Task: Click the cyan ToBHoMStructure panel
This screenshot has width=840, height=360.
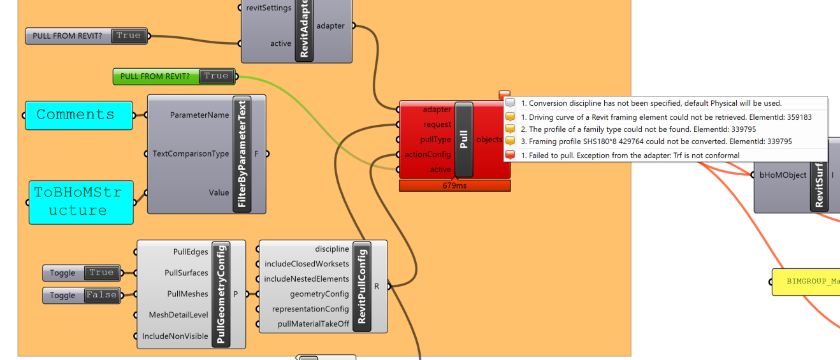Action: (x=81, y=202)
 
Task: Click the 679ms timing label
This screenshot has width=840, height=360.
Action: (x=455, y=185)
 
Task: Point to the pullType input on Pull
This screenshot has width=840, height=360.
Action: (x=435, y=140)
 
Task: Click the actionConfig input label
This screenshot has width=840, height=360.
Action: (x=428, y=154)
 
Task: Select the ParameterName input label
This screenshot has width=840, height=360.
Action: (x=199, y=115)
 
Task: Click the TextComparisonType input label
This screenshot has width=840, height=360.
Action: (x=191, y=154)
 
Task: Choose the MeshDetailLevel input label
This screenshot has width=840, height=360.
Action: (x=178, y=315)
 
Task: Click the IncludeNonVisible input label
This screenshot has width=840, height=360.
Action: (x=175, y=336)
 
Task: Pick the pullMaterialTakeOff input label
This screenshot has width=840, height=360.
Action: (x=314, y=324)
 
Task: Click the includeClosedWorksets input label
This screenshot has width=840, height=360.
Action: (x=307, y=264)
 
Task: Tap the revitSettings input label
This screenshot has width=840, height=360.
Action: (x=268, y=8)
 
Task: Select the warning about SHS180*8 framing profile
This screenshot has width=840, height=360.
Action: (x=656, y=141)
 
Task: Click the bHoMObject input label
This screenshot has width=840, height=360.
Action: (x=783, y=175)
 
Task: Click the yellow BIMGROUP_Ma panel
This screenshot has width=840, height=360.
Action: (x=806, y=282)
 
